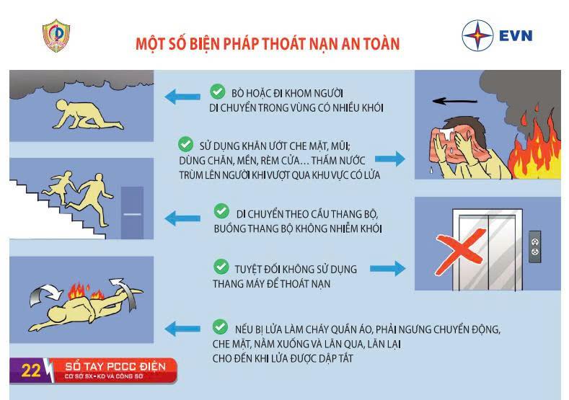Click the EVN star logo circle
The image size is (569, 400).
click(x=477, y=35)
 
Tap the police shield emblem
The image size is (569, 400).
click(x=56, y=35)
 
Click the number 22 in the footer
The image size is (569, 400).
click(x=31, y=370)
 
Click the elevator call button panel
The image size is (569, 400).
click(x=535, y=246)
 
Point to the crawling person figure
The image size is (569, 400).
click(x=87, y=115)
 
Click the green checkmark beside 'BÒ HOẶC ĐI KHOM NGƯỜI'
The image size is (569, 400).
click(x=217, y=92)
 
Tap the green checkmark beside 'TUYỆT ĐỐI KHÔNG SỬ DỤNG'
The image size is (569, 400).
click(x=221, y=267)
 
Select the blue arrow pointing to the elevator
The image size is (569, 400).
click(x=387, y=268)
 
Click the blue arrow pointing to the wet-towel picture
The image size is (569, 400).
click(x=389, y=159)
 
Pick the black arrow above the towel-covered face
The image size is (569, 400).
click(x=454, y=101)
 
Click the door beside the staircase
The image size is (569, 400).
click(x=132, y=213)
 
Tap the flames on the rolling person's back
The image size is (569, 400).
click(x=86, y=290)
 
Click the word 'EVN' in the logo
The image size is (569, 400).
click(x=516, y=36)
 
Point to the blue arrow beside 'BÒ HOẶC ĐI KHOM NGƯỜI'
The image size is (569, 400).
click(x=182, y=97)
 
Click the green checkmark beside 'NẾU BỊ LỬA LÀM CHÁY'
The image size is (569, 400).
click(x=220, y=326)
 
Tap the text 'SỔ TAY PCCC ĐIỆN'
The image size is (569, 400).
click(x=115, y=367)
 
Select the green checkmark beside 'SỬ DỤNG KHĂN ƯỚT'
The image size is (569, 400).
click(x=185, y=144)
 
